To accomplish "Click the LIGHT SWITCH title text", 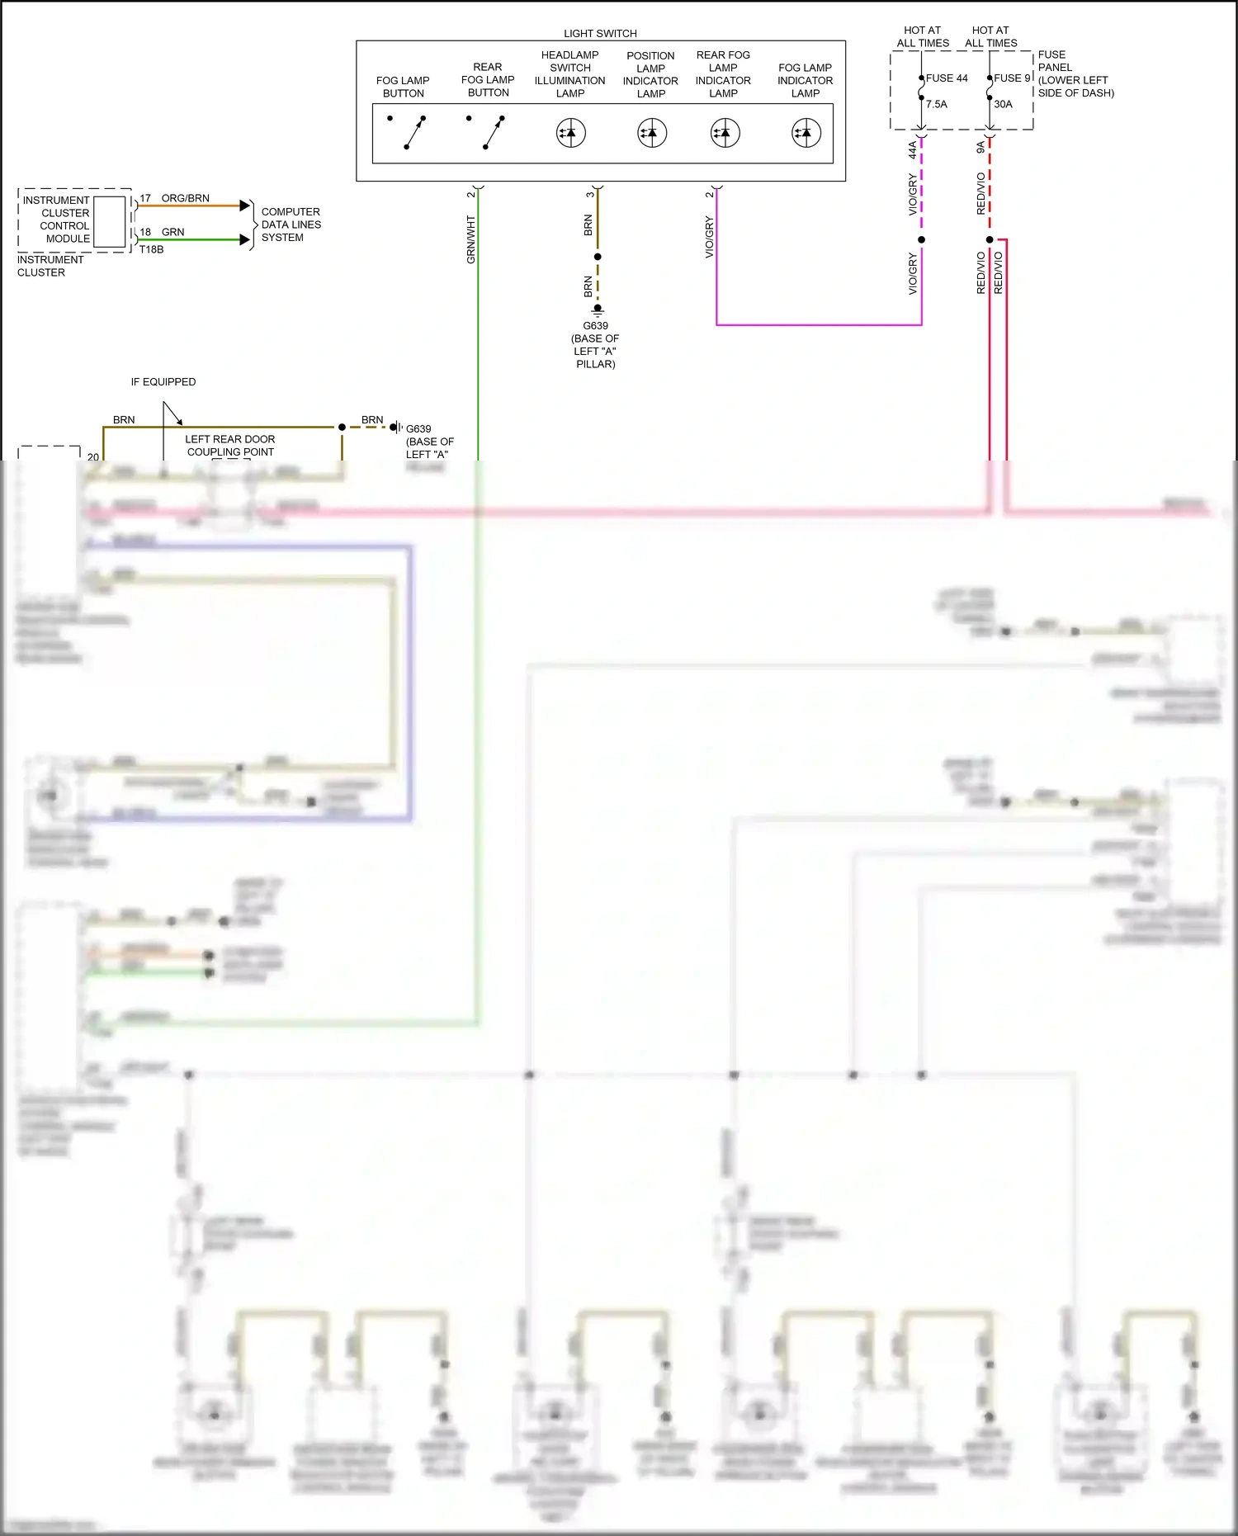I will pyautogui.click(x=600, y=34).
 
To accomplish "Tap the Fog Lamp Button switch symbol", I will pyautogui.click(x=414, y=132).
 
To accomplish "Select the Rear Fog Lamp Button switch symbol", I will pyautogui.click(x=493, y=132).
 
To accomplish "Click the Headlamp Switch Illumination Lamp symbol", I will pyautogui.click(x=570, y=133).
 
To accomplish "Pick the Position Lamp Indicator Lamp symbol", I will pyautogui.click(x=652, y=133).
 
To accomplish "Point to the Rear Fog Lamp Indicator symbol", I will pyautogui.click(x=725, y=133).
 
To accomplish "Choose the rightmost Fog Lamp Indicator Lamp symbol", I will pyautogui.click(x=806, y=133).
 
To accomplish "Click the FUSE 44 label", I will pyautogui.click(x=947, y=78).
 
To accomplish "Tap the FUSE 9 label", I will pyautogui.click(x=1012, y=78).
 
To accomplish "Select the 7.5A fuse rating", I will pyautogui.click(x=937, y=105).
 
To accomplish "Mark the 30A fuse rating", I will pyautogui.click(x=1003, y=105).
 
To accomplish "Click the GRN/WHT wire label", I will pyautogui.click(x=471, y=239).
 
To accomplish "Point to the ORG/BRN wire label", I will pyautogui.click(x=186, y=199).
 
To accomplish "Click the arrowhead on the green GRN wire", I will pyautogui.click(x=244, y=240).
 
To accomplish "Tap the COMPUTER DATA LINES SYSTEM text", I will pyautogui.click(x=291, y=224).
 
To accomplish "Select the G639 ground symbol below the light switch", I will pyautogui.click(x=598, y=310).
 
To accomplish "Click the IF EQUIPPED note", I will pyautogui.click(x=163, y=382).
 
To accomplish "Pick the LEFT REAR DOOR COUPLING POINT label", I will pyautogui.click(x=230, y=446).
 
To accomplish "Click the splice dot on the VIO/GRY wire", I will pyautogui.click(x=921, y=240).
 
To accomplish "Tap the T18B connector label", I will pyautogui.click(x=151, y=249).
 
